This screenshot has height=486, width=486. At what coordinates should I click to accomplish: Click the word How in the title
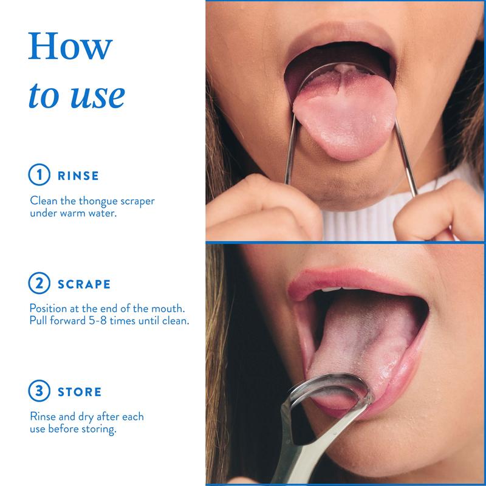(70, 46)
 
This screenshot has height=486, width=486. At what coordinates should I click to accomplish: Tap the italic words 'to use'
(77, 95)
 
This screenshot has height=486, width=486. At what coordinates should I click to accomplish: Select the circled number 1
(39, 174)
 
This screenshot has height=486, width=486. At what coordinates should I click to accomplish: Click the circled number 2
(39, 283)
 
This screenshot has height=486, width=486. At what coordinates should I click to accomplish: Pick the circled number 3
(39, 391)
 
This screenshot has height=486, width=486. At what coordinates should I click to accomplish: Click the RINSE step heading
(78, 176)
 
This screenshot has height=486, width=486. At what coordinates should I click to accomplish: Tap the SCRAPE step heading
(84, 284)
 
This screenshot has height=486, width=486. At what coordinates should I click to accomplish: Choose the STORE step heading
(80, 392)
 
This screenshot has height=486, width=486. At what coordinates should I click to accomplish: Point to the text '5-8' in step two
(98, 321)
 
